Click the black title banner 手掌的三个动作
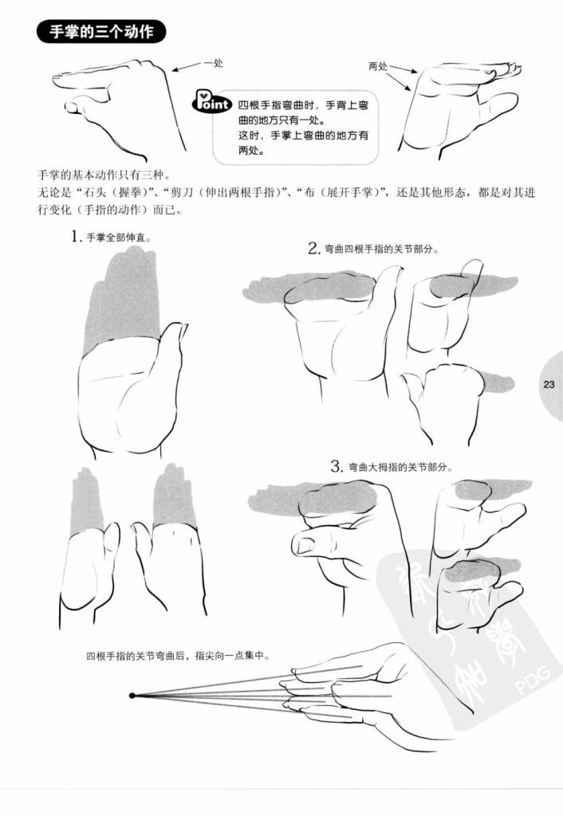(x=101, y=32)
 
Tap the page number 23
(x=549, y=385)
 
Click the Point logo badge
(x=211, y=101)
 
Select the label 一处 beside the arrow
(x=213, y=63)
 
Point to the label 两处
(x=378, y=66)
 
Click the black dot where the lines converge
(x=132, y=695)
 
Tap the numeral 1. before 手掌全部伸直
(x=77, y=237)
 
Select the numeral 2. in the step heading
(x=313, y=249)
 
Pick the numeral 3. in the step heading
(x=337, y=466)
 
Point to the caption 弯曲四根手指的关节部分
(x=381, y=249)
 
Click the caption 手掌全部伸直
(x=119, y=237)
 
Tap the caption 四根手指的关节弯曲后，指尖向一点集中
(x=178, y=656)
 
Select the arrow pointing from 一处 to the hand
(x=187, y=66)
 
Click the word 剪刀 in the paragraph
(x=181, y=193)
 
